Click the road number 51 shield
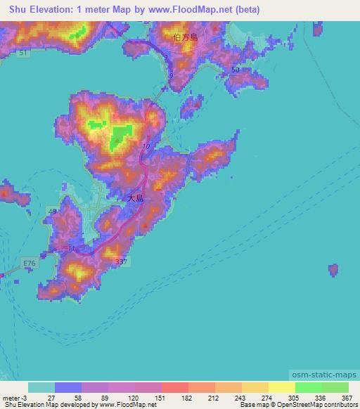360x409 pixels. click(x=25, y=53)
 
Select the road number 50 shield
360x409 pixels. click(x=234, y=71)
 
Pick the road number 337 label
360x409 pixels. click(x=121, y=262)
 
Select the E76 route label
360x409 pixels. click(x=28, y=264)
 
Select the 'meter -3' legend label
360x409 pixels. click(x=14, y=398)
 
